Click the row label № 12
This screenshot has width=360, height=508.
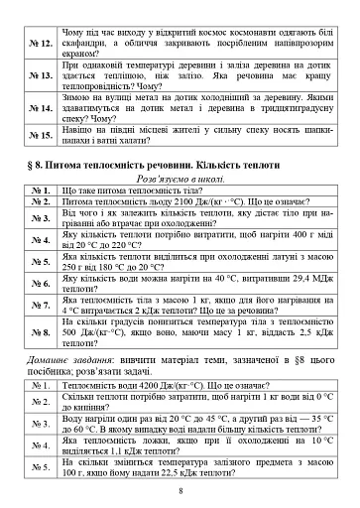click(41, 43)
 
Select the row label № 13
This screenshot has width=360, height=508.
click(41, 74)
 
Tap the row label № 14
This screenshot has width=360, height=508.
click(41, 106)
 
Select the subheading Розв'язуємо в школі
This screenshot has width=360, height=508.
click(180, 179)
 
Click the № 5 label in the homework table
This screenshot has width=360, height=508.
click(41, 465)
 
